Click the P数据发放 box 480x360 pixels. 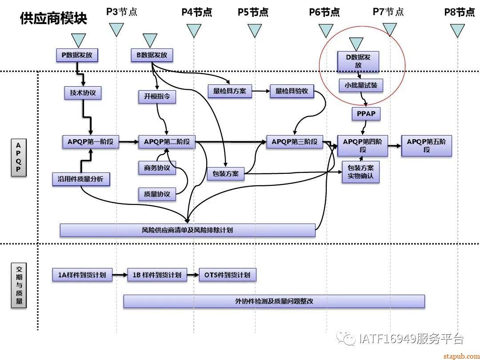point(77,55)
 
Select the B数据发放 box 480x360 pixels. point(152,55)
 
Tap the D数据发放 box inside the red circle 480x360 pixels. point(358,61)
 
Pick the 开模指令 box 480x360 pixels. point(157,96)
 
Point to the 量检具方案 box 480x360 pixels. point(229,91)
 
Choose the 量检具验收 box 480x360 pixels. point(292,91)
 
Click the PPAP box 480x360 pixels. point(366,114)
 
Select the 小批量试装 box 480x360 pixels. point(360,85)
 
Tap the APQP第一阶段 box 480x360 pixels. point(91,142)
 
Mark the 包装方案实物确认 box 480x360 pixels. point(360,172)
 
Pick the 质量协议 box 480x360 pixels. point(157,194)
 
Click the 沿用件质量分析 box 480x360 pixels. point(80,179)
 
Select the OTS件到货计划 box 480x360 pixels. point(228,275)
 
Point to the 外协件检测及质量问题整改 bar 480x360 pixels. point(274,301)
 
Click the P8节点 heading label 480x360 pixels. point(460,12)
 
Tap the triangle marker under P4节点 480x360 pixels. point(194,31)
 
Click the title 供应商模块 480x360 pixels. point(53,18)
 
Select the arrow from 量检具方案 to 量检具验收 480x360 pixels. point(260,91)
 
